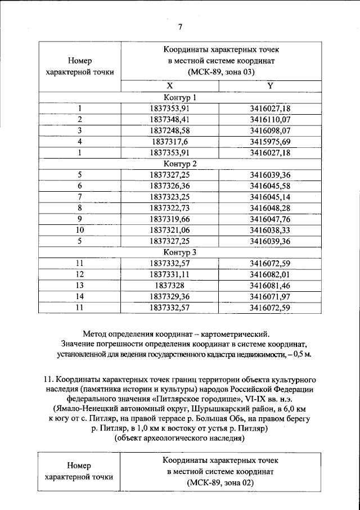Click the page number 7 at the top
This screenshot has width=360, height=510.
180,27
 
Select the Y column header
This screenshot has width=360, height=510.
269,86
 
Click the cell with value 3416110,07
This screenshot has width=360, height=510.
269,119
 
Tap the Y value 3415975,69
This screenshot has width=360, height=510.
269,141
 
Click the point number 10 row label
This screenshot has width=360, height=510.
80,230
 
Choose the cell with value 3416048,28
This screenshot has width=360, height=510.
269,208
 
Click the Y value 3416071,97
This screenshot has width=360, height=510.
269,296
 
